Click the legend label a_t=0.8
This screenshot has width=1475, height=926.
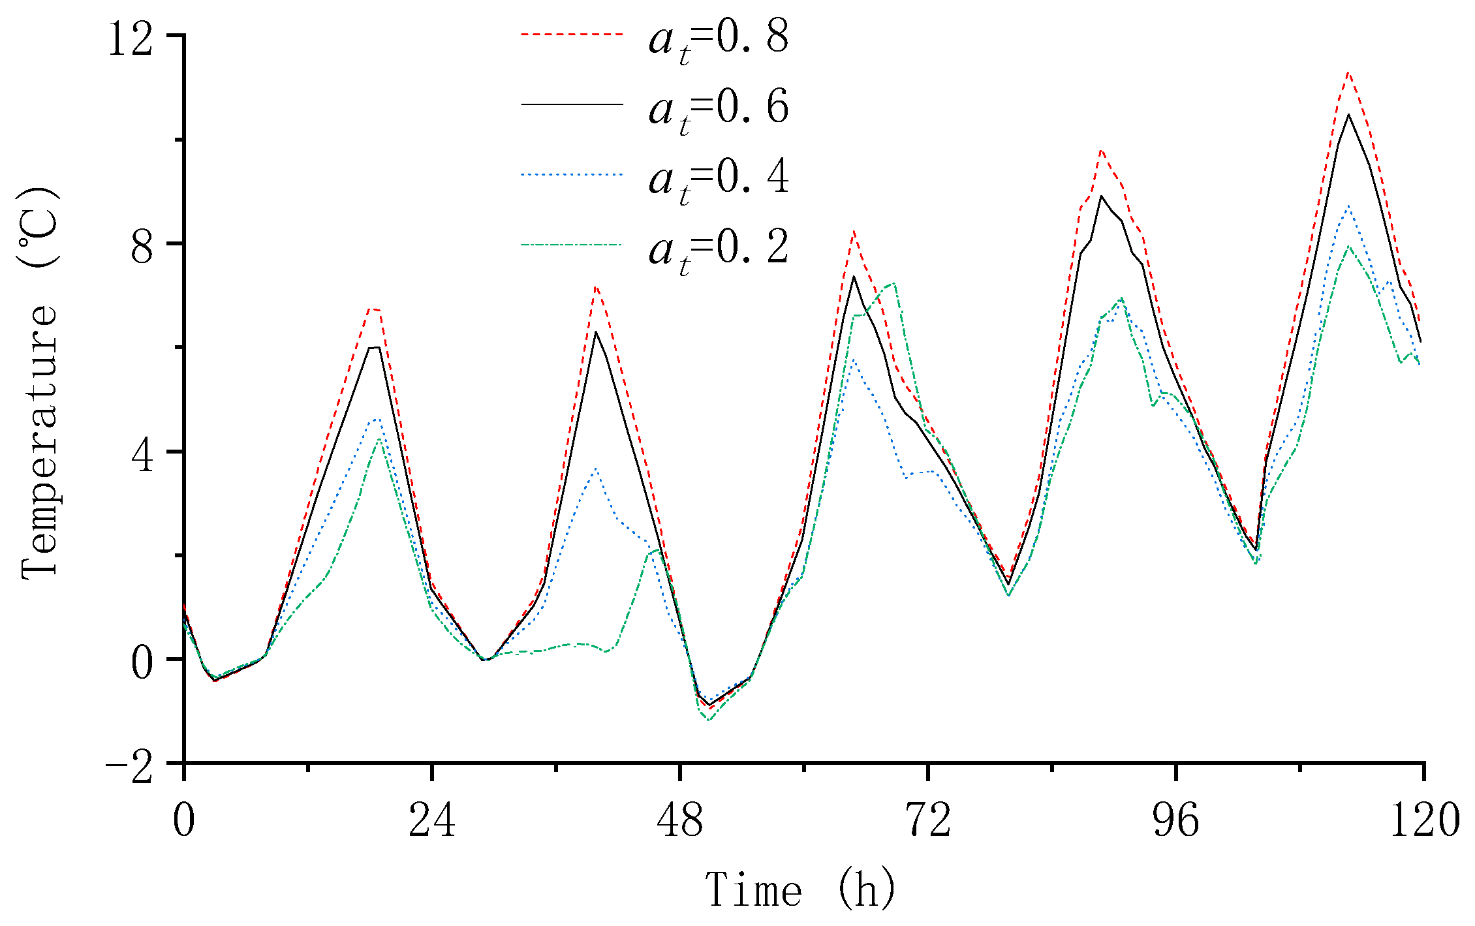click(718, 40)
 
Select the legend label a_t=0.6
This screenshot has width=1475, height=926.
click(718, 110)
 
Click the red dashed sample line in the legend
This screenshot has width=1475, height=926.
click(572, 33)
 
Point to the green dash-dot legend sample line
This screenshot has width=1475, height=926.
click(572, 245)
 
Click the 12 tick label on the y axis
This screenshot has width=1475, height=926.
click(131, 39)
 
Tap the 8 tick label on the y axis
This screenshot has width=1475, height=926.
click(142, 246)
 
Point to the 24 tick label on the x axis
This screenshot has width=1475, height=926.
click(431, 820)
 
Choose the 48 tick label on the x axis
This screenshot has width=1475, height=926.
click(680, 820)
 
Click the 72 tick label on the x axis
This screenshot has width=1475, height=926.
click(928, 820)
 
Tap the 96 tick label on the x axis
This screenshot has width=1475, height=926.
click(1176, 820)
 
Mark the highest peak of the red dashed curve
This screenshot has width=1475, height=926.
click(1348, 72)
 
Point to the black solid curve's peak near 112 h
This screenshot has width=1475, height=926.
click(1348, 115)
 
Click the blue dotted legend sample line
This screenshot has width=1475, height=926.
click(572, 174)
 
